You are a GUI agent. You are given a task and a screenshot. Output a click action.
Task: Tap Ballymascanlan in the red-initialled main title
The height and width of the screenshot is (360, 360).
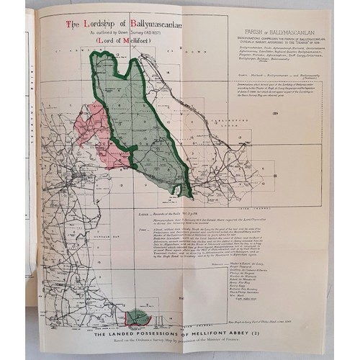pos(148,24)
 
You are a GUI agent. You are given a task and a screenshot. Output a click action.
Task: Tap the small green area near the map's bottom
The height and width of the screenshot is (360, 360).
pos(139,318)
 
